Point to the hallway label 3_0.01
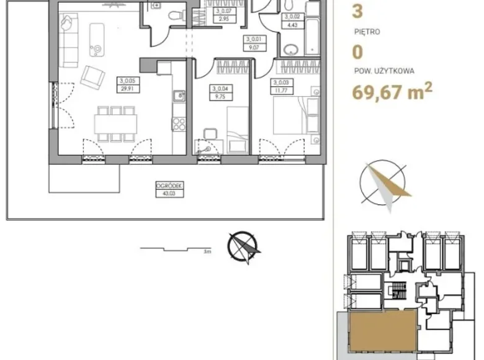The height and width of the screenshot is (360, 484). pos(251,42)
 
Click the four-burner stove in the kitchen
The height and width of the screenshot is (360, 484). pos(179,124)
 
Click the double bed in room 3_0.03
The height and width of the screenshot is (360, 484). pos(290,118)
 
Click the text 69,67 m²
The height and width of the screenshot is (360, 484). pos(392,93)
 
